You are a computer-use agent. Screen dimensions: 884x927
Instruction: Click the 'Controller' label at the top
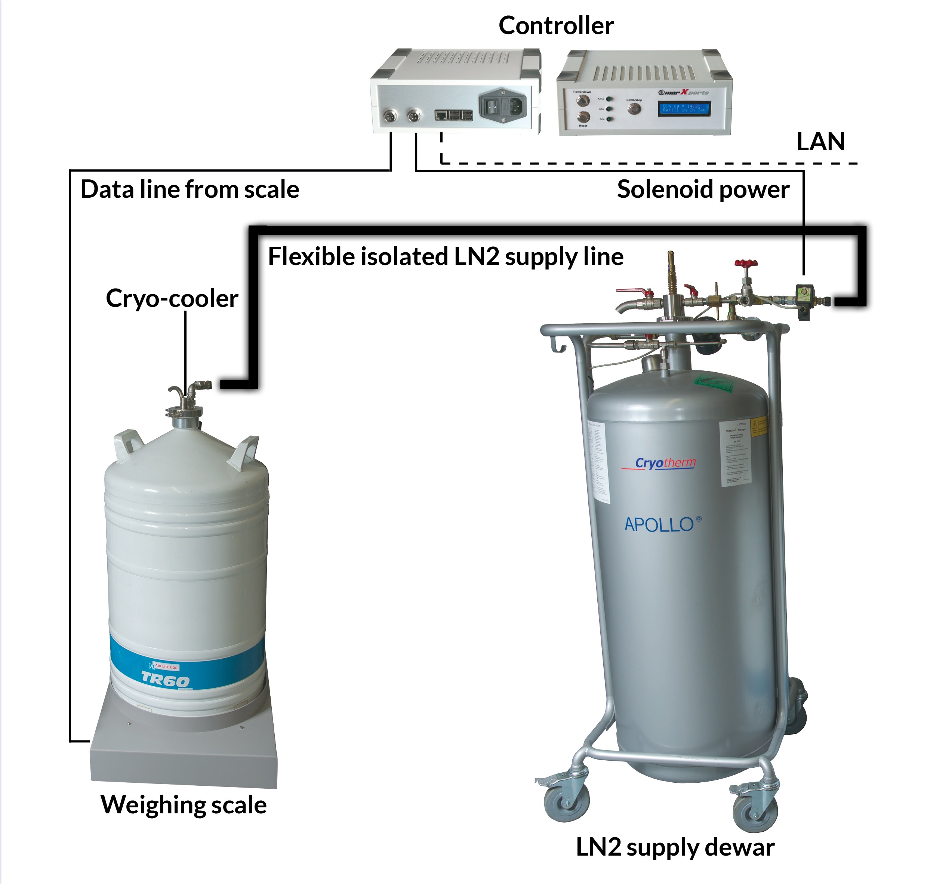coord(556,25)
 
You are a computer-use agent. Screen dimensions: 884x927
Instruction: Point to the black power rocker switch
coord(492,107)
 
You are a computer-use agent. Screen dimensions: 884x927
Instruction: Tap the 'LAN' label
coord(820,141)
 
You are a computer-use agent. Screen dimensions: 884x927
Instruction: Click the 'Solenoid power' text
coord(703,190)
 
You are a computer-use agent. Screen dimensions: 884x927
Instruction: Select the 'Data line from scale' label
coord(190,190)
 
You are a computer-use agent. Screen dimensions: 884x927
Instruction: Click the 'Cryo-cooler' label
coord(172,298)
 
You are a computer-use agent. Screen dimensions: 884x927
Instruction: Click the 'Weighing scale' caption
coord(184,805)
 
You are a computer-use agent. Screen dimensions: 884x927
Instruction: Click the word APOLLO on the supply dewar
coord(659,524)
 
